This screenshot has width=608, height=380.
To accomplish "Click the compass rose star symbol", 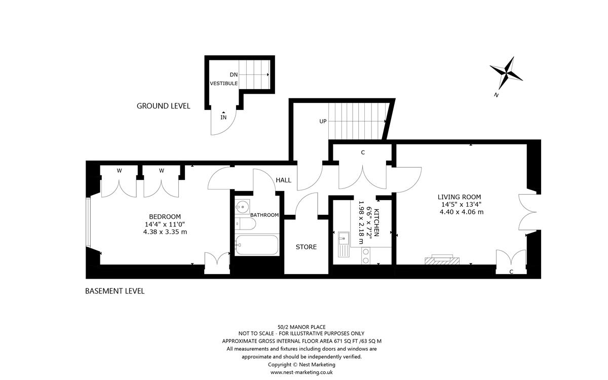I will tap(506, 73).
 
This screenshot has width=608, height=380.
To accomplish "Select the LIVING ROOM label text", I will tap(460, 197).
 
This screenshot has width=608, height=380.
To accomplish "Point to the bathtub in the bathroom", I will tap(257, 246).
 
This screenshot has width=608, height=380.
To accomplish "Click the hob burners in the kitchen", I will tap(364, 256).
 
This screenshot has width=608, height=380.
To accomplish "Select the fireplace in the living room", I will tap(442, 259).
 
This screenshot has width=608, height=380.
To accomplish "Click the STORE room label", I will tap(306, 247).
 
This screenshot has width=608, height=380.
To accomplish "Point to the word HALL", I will tap(284, 180).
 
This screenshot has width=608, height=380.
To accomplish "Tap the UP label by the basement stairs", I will tap(322, 122).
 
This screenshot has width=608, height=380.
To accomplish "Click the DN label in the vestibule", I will tap(233, 74).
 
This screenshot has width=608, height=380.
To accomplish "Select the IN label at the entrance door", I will tap(223, 118).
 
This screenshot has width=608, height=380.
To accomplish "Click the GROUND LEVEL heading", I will tap(163, 106).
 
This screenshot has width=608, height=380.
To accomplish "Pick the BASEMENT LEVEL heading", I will tap(115, 291).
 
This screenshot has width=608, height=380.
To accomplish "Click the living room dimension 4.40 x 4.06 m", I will tap(461, 212).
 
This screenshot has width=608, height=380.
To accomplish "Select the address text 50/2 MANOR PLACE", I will tap(301, 327).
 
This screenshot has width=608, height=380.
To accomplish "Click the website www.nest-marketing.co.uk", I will tap(301, 372).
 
